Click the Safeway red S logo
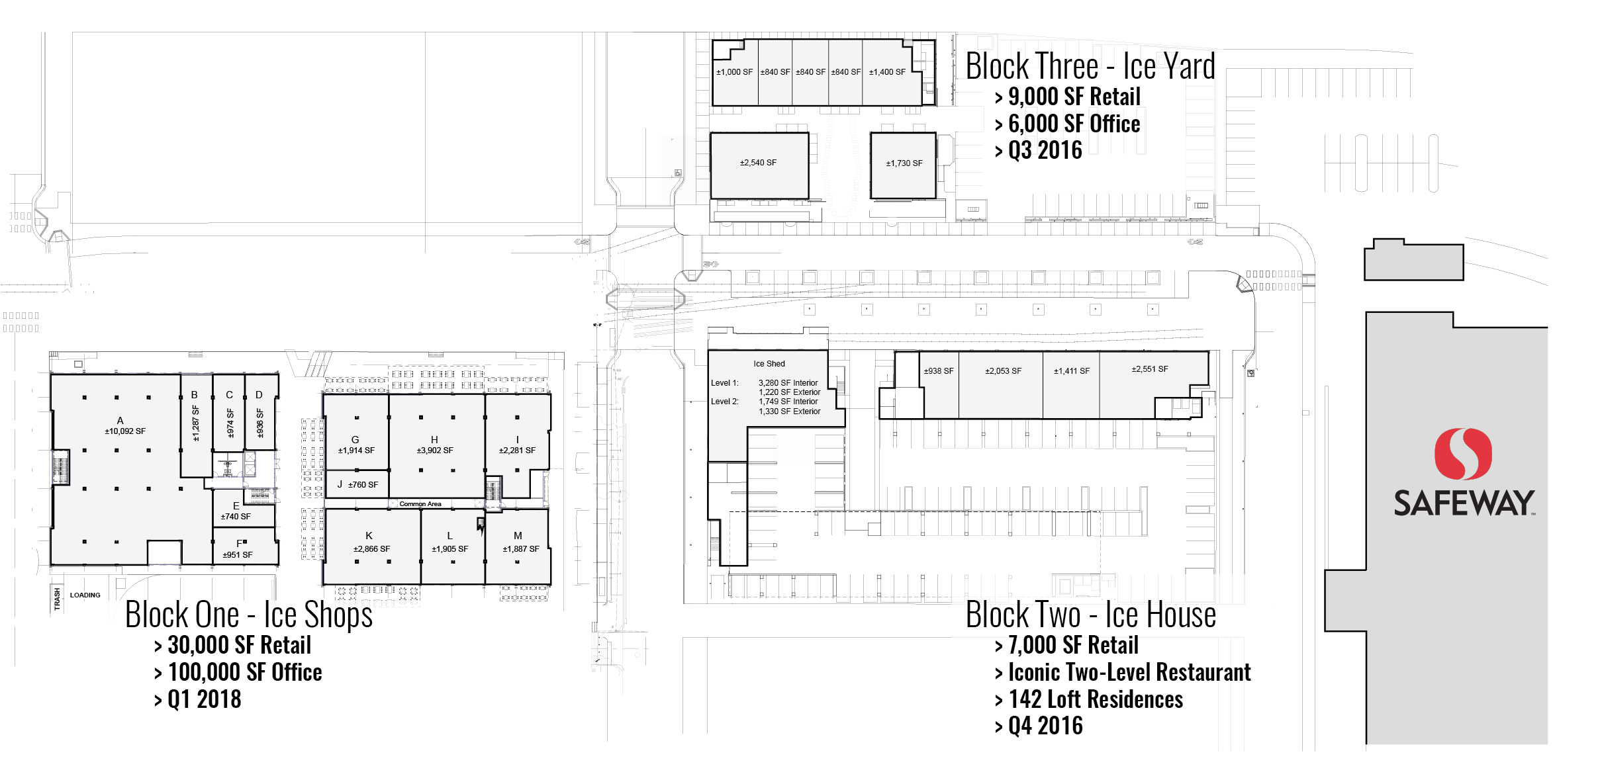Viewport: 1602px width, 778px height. pos(1463,454)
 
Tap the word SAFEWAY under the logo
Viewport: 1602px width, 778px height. pos(1464,503)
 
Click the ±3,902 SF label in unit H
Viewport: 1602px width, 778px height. pos(434,451)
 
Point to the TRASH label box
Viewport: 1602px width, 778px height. pos(58,599)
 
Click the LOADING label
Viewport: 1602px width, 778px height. pos(85,595)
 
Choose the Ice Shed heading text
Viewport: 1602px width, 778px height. pos(769,364)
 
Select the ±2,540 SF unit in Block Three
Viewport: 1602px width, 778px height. pos(759,163)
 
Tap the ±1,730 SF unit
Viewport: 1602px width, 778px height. pos(904,163)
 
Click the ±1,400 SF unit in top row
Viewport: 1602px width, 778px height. pos(887,72)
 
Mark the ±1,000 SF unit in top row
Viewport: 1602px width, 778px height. pos(734,72)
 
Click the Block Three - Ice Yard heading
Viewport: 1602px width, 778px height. pos(1090,66)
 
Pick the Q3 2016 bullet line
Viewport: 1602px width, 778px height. pos(1045,151)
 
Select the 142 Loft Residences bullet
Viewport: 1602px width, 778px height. pos(1095,699)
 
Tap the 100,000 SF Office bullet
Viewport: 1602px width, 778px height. pos(244,672)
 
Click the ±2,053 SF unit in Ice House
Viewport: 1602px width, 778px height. pos(1003,371)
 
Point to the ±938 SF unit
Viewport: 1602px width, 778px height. pos(939,371)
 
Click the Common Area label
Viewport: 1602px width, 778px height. pos(420,504)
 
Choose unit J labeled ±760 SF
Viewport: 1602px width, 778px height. pos(357,484)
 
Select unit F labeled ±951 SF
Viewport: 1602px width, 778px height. pos(238,550)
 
